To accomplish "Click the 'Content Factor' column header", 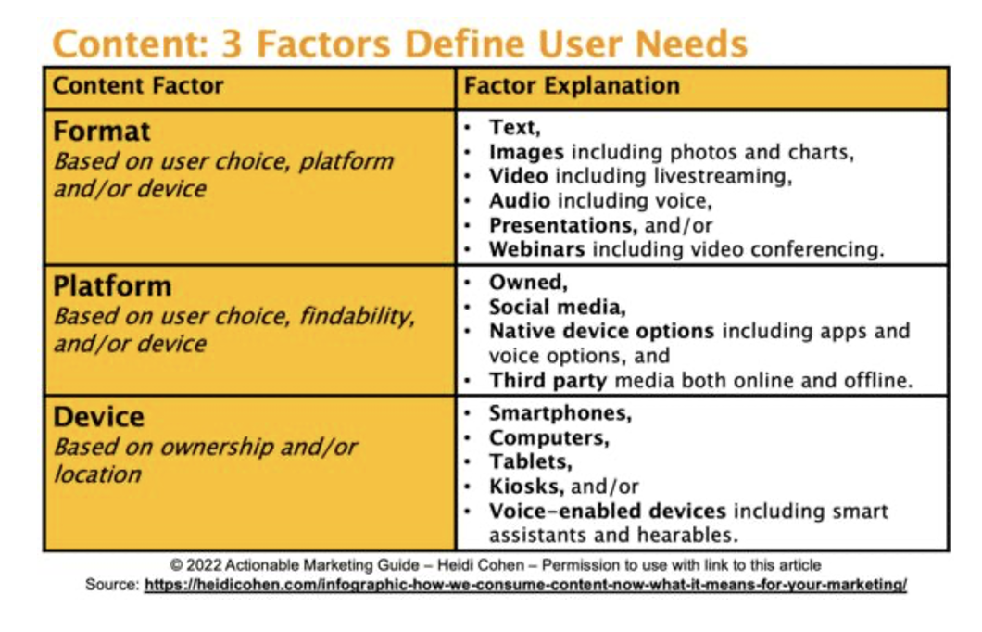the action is (138, 86).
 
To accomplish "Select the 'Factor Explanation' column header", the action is (572, 86).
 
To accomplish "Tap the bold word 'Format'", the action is (102, 132).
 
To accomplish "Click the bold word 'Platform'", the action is (112, 286).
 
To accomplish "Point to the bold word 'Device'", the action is (99, 417).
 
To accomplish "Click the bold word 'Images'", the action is (527, 152).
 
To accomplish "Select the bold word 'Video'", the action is (519, 177).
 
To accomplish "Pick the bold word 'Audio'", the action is (520, 201).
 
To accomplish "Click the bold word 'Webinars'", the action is (537, 250).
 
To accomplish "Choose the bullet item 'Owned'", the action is (529, 284).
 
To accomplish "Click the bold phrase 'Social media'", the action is (558, 308).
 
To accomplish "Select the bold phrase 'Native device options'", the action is (602, 332).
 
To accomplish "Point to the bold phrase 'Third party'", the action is (548, 381).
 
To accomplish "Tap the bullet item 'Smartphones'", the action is (560, 413).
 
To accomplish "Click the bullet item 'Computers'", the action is (549, 437).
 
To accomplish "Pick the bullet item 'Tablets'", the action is (531, 462).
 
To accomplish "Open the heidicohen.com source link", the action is (525, 585).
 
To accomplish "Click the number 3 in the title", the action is (231, 44).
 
